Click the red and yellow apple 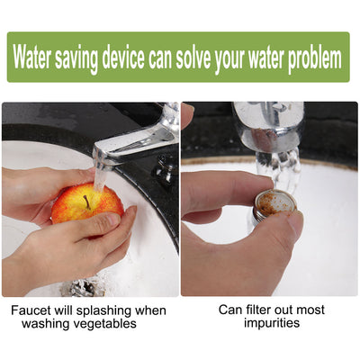[x=85, y=204]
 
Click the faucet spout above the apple [x=135, y=139]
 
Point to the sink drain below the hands [x=83, y=288]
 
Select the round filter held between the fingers [x=275, y=202]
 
